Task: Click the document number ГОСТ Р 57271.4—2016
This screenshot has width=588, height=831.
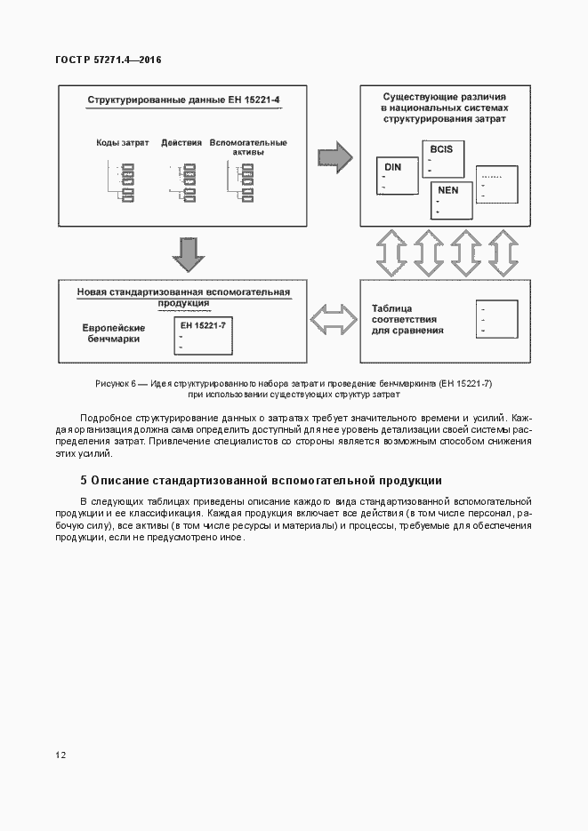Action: click(108, 60)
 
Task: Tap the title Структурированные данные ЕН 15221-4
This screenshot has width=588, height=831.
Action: click(183, 101)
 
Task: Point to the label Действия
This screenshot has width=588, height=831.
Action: click(181, 143)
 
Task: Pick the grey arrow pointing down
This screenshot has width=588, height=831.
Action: click(189, 253)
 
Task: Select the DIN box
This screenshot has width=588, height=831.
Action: click(398, 177)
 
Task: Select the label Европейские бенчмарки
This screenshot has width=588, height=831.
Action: click(114, 333)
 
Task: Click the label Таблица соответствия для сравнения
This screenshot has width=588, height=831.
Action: click(408, 320)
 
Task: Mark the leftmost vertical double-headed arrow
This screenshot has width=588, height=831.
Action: click(391, 253)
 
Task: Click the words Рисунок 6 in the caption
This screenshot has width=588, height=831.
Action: click(114, 383)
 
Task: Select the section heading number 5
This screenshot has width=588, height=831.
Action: click(84, 481)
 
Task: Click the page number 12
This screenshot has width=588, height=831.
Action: click(60, 755)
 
